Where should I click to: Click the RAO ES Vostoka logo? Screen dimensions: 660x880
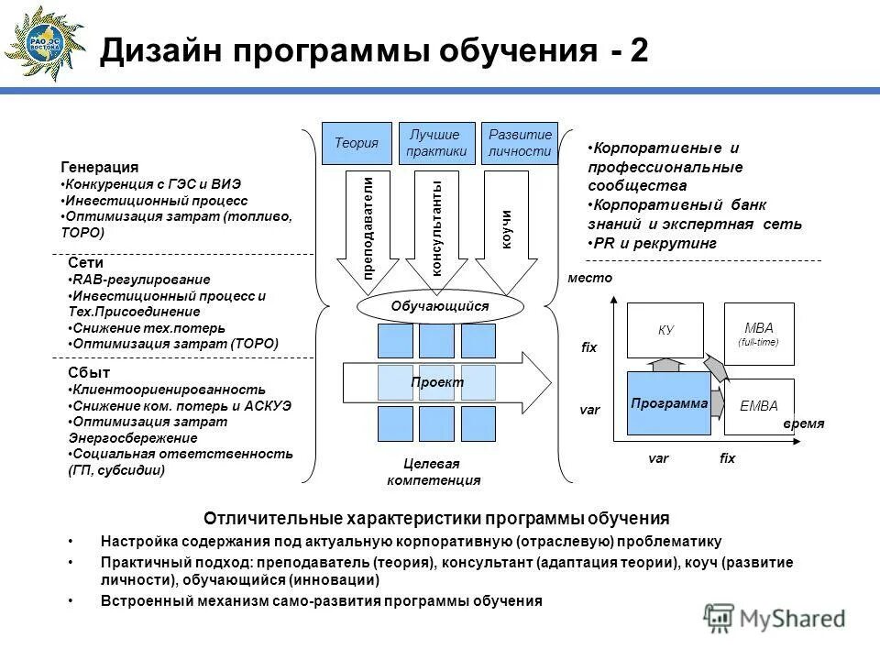pos(45,43)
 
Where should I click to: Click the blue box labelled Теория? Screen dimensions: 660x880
pos(357,143)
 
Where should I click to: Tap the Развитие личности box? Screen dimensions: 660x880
pos(520,143)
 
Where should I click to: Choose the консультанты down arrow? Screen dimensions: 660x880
pos(437,228)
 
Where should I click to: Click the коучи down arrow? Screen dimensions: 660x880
pos(506,228)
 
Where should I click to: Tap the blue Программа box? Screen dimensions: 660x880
pos(669,403)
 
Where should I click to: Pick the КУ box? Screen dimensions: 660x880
pos(665,330)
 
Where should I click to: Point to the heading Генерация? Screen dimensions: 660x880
pos(100,167)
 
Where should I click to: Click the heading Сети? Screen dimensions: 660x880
pos(85,263)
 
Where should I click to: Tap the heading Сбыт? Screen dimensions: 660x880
pos(89,373)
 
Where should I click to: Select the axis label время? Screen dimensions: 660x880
pos(804,423)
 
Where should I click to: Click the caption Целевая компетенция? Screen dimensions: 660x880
pos(434,472)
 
